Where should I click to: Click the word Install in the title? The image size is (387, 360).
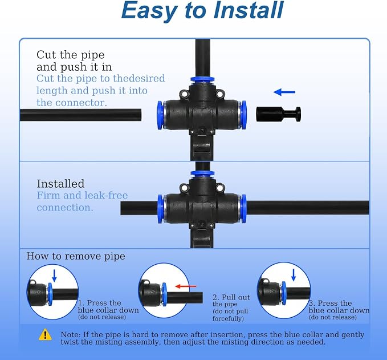pos(249,10)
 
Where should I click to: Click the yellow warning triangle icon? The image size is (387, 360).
pos(45,334)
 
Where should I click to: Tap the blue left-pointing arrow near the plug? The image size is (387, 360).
pos(284,92)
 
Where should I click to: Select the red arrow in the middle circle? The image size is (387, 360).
pos(186,286)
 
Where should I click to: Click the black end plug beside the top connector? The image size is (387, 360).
pos(278,114)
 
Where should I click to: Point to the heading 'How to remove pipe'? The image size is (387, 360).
pos(76,256)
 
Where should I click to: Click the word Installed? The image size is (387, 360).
pos(60,184)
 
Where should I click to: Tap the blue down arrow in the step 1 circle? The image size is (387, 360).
pos(54,276)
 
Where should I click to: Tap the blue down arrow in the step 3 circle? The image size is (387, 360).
pos(294,275)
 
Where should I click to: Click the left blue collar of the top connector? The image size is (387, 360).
pos(160,115)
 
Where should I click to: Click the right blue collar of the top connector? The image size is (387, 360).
pos(243,115)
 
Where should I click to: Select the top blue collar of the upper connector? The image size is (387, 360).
pos(202,79)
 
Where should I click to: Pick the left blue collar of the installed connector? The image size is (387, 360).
pos(160,209)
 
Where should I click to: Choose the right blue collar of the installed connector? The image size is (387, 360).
pos(243,209)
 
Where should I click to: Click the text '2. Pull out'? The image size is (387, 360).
pos(231,297)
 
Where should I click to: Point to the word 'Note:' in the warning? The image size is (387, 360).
pos(71,334)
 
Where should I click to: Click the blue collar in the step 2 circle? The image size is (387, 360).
pos(164,294)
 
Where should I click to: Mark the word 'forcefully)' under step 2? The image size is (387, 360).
pos(228,318)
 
